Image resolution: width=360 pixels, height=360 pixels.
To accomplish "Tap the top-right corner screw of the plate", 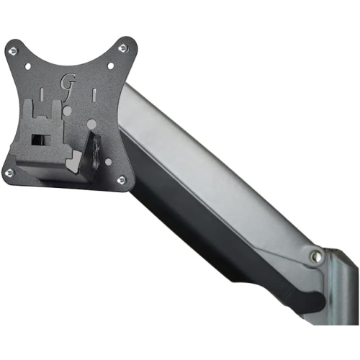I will click(122, 48).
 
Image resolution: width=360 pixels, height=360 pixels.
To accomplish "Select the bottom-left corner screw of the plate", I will click(9, 173).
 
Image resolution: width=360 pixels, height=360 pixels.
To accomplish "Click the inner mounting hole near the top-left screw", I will click(29, 67).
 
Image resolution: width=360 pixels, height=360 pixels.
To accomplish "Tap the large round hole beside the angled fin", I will click(91, 125).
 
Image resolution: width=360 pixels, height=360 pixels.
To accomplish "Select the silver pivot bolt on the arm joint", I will click(315, 256).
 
